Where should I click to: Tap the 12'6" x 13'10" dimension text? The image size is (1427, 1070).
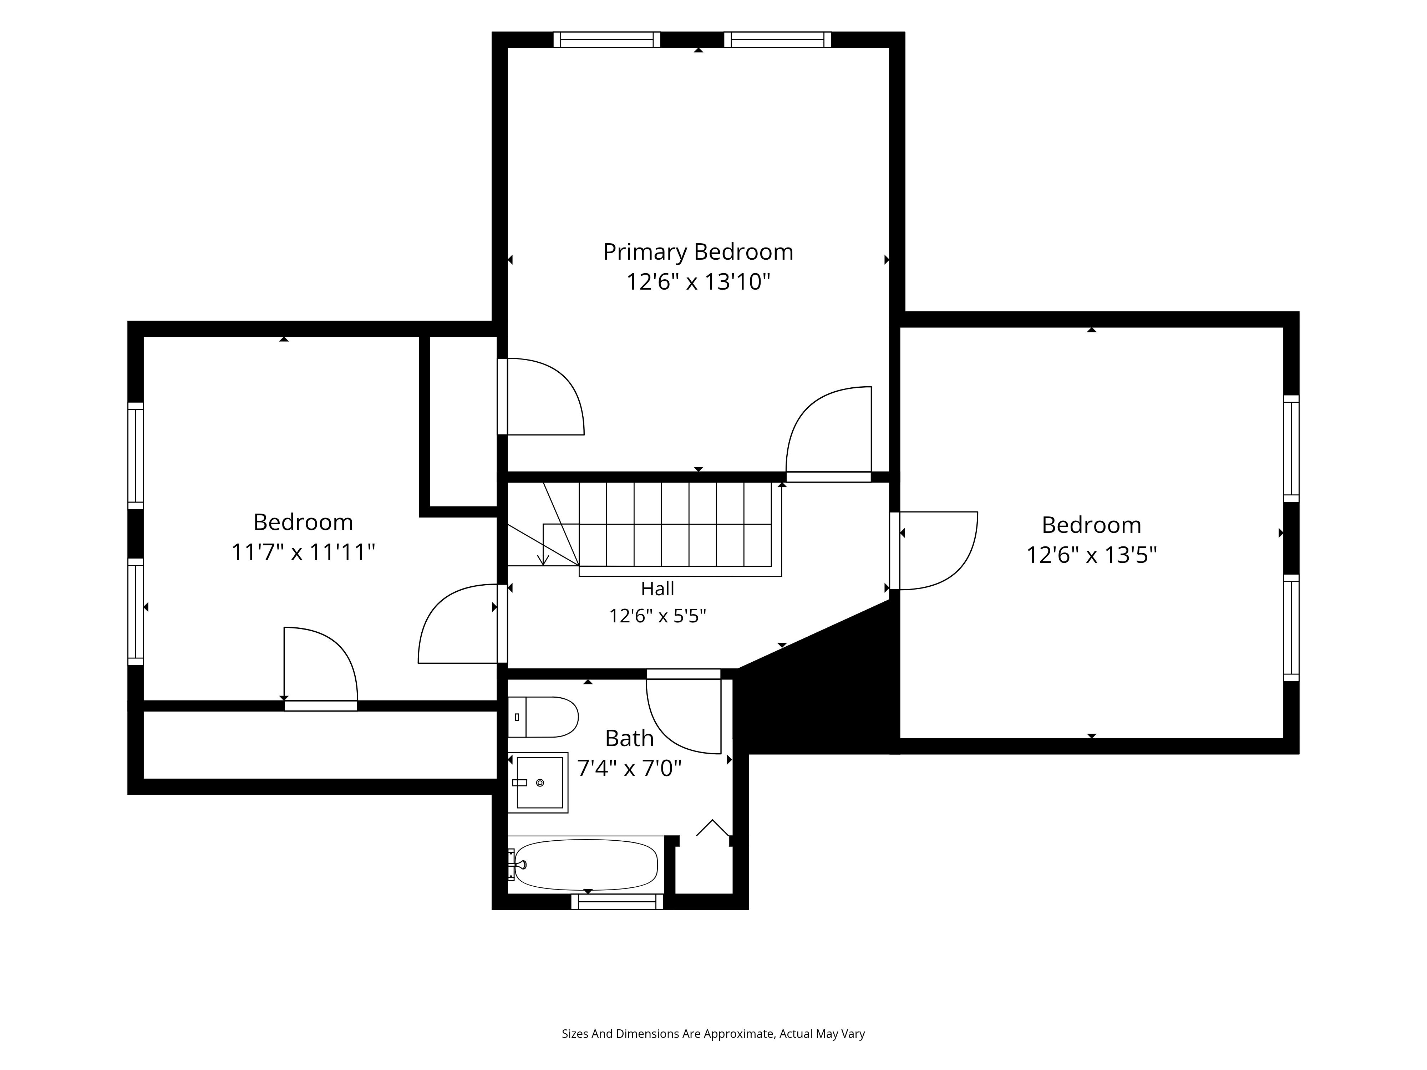(x=698, y=282)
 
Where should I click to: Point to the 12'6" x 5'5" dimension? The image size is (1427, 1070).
(x=657, y=616)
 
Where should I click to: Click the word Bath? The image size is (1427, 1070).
(x=629, y=738)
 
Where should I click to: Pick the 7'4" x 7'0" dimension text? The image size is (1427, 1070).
(x=629, y=768)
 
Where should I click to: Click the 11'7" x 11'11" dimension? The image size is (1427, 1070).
(x=303, y=552)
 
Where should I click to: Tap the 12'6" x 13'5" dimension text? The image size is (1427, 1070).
(x=1092, y=555)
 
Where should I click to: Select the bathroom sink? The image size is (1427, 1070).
(x=538, y=782)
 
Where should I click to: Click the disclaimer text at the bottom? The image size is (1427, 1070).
(x=713, y=998)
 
